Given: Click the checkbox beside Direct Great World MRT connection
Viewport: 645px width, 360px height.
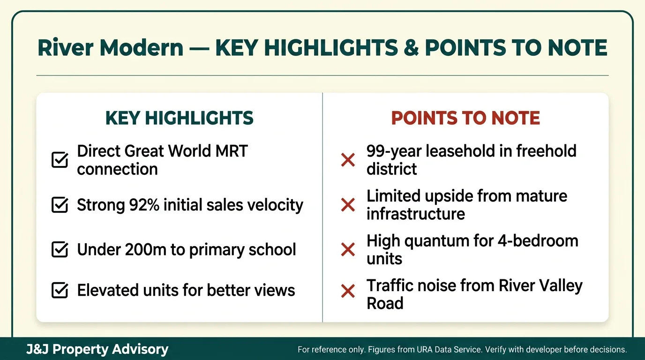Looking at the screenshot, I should pos(60,160).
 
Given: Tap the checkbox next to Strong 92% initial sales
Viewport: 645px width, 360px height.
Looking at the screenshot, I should pos(60,205).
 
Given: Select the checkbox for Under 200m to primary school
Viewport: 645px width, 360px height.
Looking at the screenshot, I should pos(60,249).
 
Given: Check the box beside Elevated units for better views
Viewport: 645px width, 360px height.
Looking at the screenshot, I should pos(60,290).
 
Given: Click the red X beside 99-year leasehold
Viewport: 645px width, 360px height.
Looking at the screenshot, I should pos(348,160).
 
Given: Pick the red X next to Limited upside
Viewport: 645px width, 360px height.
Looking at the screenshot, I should pos(348,205).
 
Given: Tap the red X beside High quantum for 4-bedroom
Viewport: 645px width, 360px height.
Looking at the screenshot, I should pos(348,249).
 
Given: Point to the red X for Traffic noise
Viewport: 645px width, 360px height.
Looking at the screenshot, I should pos(348,292).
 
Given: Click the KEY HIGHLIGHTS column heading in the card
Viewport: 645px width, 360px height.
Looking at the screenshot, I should pos(180,118).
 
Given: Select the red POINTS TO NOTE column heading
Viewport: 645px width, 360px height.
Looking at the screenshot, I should pos(465,118).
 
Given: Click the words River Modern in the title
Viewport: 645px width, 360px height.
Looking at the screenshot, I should pos(110,48).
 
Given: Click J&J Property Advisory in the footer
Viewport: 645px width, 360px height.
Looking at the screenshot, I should pos(97,349).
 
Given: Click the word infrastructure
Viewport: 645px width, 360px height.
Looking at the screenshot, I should pos(416,214).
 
